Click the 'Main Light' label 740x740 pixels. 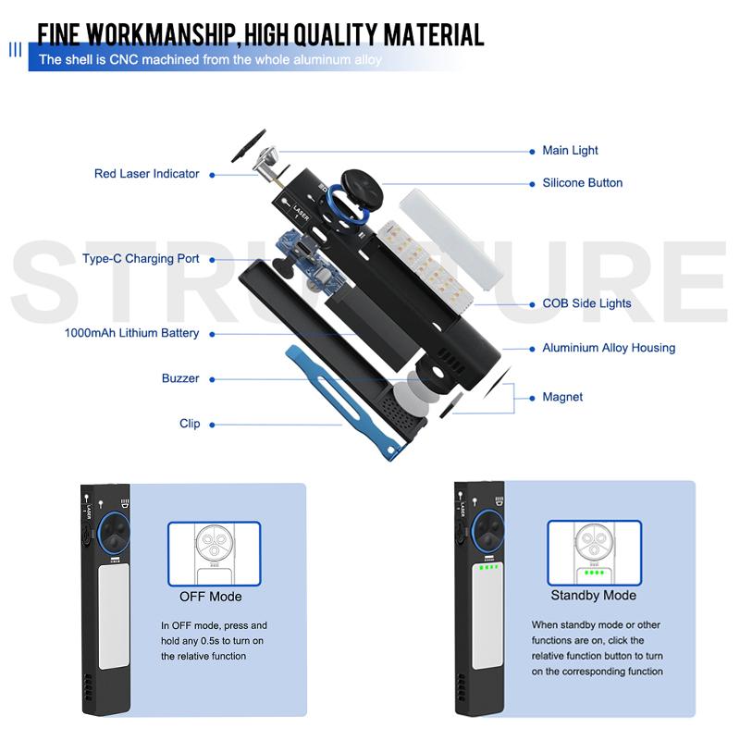(570, 151)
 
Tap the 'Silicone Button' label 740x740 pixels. (582, 183)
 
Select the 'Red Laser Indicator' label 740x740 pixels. (146, 174)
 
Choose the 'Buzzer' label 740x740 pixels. (180, 378)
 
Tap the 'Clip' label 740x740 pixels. (190, 424)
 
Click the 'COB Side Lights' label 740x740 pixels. (586, 303)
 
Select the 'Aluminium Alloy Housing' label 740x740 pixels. (609, 348)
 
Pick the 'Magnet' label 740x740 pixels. (562, 397)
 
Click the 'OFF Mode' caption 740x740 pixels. (210, 597)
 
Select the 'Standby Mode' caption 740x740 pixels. (593, 596)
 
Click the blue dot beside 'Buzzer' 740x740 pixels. (211, 378)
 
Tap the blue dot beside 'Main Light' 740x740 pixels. (533, 151)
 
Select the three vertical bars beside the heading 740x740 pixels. (15, 49)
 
